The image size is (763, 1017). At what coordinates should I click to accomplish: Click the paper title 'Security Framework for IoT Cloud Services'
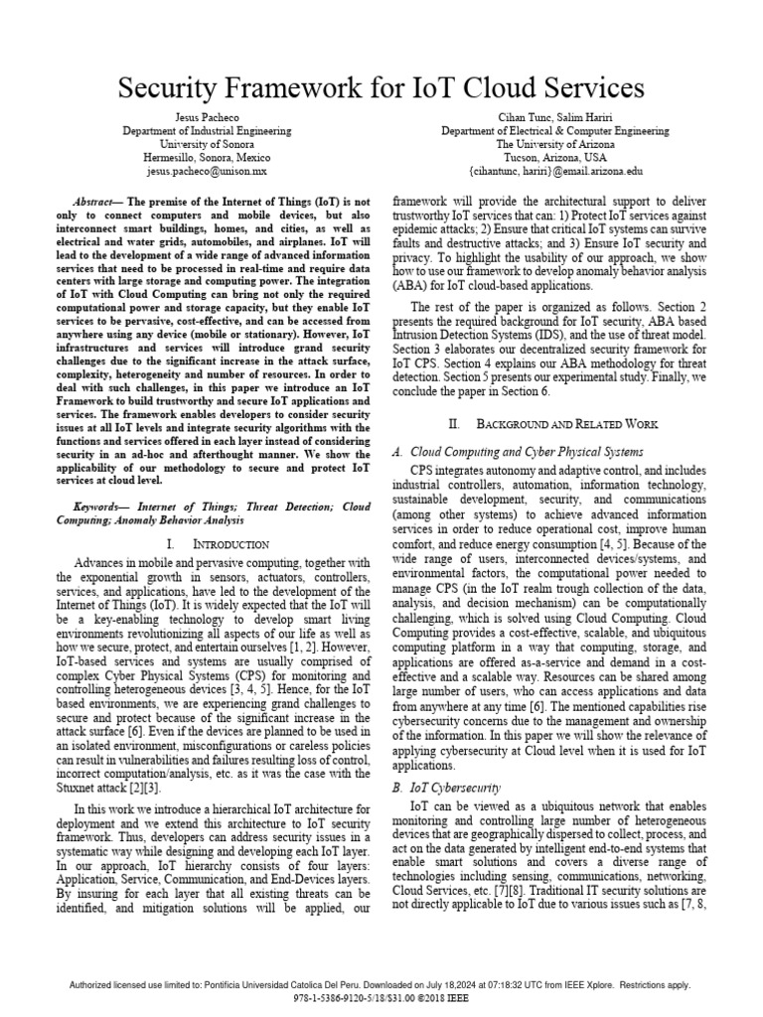tap(381, 88)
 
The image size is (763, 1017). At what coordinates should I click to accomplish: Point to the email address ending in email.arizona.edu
tap(554, 171)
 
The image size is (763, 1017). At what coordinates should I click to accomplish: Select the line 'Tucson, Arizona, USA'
tap(554, 157)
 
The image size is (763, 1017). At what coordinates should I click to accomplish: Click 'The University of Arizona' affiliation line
tap(554, 144)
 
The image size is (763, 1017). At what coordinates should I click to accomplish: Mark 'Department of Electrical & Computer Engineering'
tap(554, 131)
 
